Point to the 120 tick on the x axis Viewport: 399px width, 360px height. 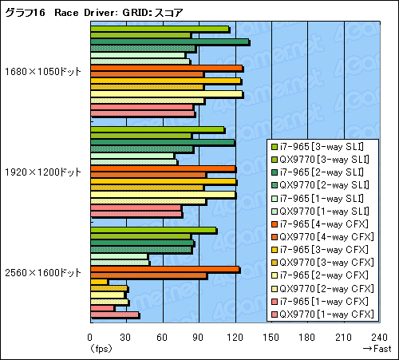point(235,336)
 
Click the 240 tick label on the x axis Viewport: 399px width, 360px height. point(378,336)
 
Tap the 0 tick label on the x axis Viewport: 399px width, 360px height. point(90,336)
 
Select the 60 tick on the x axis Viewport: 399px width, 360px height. point(162,336)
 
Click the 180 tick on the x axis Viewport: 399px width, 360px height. point(306,336)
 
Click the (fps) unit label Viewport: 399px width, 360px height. point(101,348)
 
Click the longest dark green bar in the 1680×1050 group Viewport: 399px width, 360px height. point(169,42)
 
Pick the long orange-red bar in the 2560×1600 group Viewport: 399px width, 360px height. point(164,269)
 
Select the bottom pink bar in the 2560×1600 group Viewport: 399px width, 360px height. point(114,315)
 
